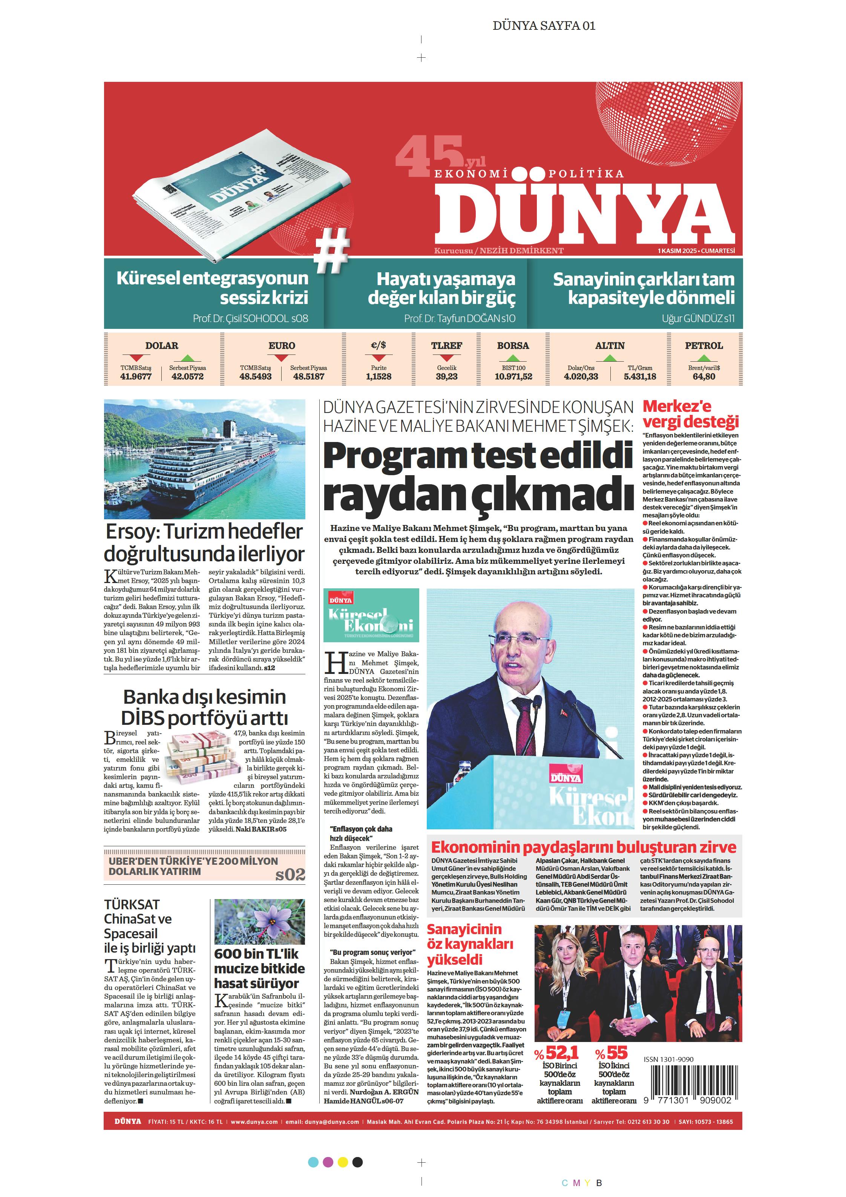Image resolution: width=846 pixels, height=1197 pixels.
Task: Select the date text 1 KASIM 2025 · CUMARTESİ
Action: (x=696, y=251)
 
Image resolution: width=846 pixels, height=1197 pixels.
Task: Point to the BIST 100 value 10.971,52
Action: (x=513, y=376)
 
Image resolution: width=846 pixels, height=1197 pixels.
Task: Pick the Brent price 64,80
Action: (x=704, y=376)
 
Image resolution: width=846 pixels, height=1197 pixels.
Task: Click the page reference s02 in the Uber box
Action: (x=290, y=874)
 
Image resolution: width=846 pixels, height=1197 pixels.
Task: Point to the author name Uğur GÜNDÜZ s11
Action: (x=698, y=319)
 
